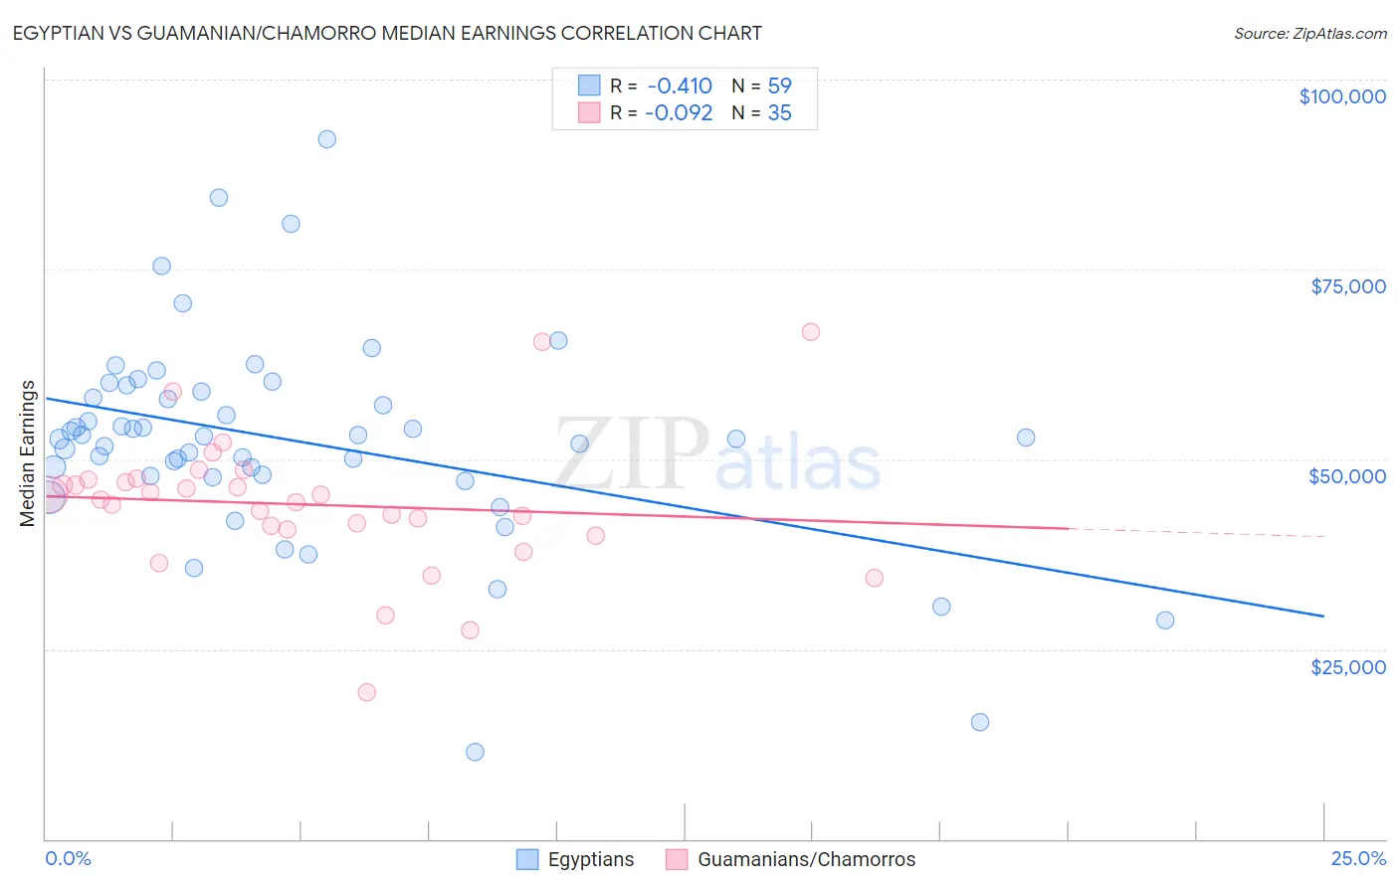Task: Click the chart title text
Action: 389,34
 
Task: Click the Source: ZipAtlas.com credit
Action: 1309,34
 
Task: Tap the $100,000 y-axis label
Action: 1341,96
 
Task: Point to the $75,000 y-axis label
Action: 1347,286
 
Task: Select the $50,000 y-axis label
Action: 1346,476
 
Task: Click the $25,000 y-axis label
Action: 1347,666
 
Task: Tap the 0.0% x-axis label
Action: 68,858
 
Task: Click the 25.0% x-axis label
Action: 1357,858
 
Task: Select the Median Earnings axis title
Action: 28,453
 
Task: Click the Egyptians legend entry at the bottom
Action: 590,859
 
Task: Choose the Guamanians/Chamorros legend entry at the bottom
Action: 806,859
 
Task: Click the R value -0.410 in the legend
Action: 680,87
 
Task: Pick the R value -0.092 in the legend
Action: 679,113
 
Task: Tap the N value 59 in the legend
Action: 779,87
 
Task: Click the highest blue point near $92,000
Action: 326,139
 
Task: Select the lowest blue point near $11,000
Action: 475,752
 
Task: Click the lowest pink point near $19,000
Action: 366,692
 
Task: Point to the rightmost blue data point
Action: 1165,621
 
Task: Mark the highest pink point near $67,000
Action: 811,332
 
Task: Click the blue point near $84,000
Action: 219,198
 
